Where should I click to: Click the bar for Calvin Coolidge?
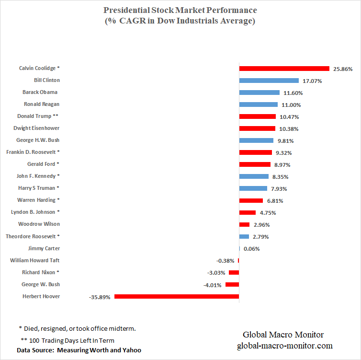coord(284,69)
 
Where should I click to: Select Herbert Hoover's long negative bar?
coord(176,297)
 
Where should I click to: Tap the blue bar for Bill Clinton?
coord(269,81)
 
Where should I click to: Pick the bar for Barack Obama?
coord(259,93)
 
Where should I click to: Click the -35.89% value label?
coord(100,297)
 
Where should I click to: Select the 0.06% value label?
coord(252,249)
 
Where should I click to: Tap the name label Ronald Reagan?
coord(42,104)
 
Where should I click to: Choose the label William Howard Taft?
coord(35,260)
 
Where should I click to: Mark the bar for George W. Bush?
coord(232,285)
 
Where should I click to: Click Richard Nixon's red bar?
coord(234,273)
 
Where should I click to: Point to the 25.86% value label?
coord(343,69)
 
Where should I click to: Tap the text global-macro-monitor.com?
coord(284,346)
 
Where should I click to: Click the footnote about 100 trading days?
coord(67,340)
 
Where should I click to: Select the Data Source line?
coord(79,350)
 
